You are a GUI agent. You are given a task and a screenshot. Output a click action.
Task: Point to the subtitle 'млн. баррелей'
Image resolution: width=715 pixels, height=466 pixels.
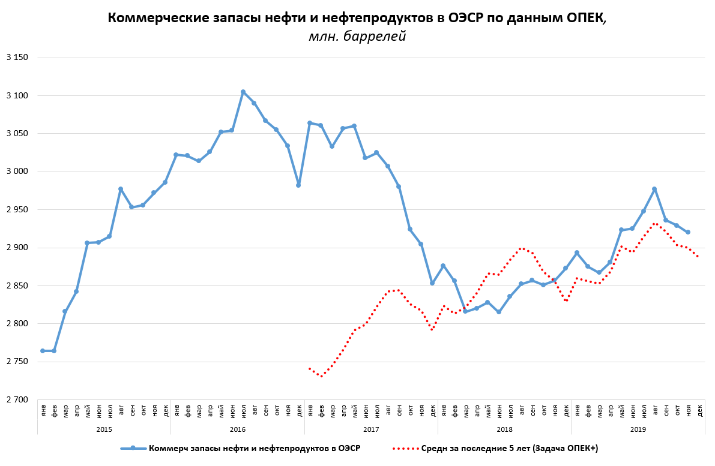click(x=357, y=37)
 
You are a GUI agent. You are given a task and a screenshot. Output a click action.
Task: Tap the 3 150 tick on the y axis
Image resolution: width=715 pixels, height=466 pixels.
click(x=17, y=58)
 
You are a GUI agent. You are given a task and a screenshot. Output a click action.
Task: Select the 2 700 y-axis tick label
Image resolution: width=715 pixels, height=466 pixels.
click(x=17, y=399)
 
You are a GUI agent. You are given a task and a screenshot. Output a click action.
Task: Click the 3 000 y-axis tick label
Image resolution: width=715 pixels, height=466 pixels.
click(x=17, y=172)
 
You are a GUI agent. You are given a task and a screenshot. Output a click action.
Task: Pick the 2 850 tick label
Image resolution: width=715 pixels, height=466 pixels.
click(x=17, y=285)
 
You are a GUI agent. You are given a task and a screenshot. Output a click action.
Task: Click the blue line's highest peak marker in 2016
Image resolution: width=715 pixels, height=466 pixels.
click(x=243, y=92)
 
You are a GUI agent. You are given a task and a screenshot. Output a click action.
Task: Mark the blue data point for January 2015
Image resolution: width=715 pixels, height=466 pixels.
click(x=43, y=351)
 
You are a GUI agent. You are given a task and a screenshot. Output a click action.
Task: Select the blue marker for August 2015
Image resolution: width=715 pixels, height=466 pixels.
click(x=121, y=189)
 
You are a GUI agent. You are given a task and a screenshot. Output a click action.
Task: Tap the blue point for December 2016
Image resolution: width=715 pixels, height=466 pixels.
click(x=298, y=185)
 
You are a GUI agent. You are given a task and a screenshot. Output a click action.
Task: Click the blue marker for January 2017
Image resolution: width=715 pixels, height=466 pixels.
click(x=310, y=123)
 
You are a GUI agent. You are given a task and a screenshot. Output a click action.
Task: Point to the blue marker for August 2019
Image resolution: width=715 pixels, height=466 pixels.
click(x=654, y=189)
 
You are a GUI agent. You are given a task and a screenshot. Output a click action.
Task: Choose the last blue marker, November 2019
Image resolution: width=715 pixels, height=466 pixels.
click(x=688, y=232)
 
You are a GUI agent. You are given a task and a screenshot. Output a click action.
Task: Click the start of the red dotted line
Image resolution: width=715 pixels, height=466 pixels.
click(x=310, y=369)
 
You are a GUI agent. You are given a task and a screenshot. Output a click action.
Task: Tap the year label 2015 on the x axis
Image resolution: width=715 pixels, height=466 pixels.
click(x=104, y=429)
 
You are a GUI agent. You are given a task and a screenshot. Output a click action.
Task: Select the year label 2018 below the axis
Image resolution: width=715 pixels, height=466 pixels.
click(x=504, y=429)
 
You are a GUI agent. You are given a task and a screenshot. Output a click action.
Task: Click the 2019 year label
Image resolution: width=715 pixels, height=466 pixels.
click(x=638, y=429)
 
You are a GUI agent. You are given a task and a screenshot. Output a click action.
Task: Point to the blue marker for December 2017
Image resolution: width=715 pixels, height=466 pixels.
click(x=432, y=283)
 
